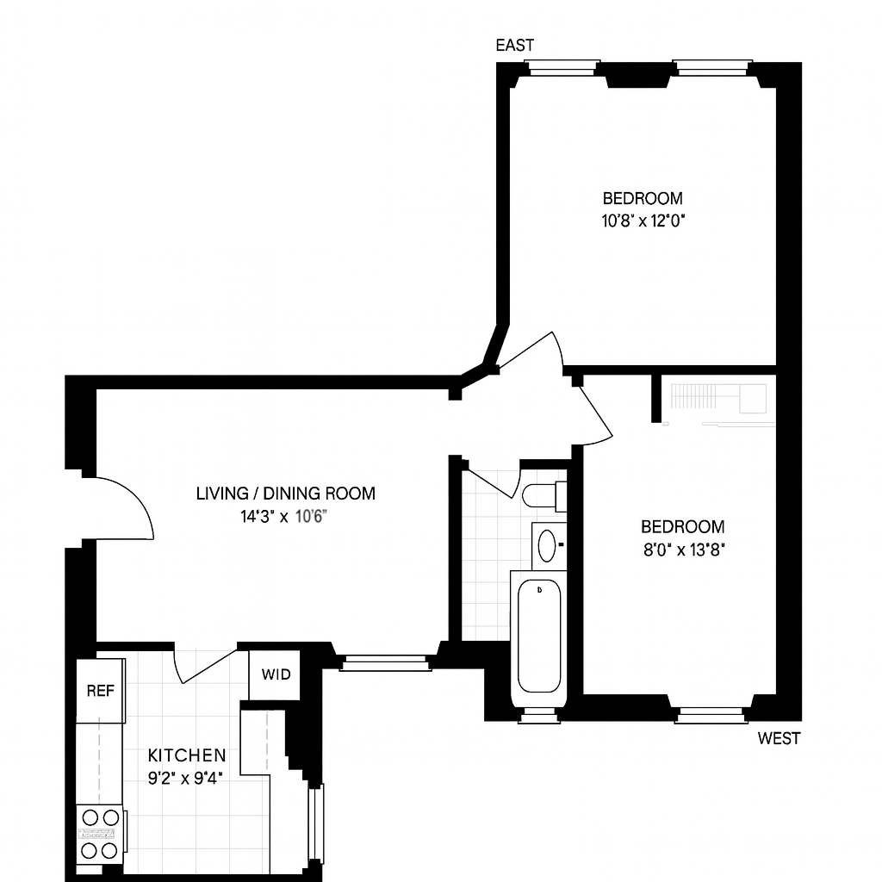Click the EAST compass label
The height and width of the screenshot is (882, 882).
click(x=515, y=45)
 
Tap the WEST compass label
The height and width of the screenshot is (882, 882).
click(x=779, y=738)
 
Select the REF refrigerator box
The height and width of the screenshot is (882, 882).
click(x=100, y=691)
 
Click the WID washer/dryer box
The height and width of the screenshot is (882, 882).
click(x=275, y=675)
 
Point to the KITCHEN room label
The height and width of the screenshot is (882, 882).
click(x=187, y=755)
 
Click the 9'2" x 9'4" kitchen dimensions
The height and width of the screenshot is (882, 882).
click(x=186, y=779)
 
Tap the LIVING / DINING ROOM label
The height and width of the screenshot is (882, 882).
click(x=286, y=494)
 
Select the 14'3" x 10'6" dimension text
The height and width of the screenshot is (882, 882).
click(x=284, y=517)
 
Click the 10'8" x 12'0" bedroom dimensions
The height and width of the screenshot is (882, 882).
click(x=643, y=221)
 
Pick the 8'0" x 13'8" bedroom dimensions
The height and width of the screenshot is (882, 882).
click(x=684, y=550)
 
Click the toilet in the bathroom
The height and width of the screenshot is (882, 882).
click(x=544, y=496)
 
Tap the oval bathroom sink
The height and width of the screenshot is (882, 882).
click(x=547, y=545)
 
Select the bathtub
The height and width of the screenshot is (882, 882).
click(x=539, y=638)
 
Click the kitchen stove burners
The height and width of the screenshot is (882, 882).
click(x=100, y=834)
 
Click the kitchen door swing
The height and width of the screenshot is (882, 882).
click(x=205, y=668)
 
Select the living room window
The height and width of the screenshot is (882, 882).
click(x=385, y=663)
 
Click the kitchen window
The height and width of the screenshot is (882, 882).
click(x=316, y=824)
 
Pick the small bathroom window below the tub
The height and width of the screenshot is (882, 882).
click(x=539, y=715)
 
